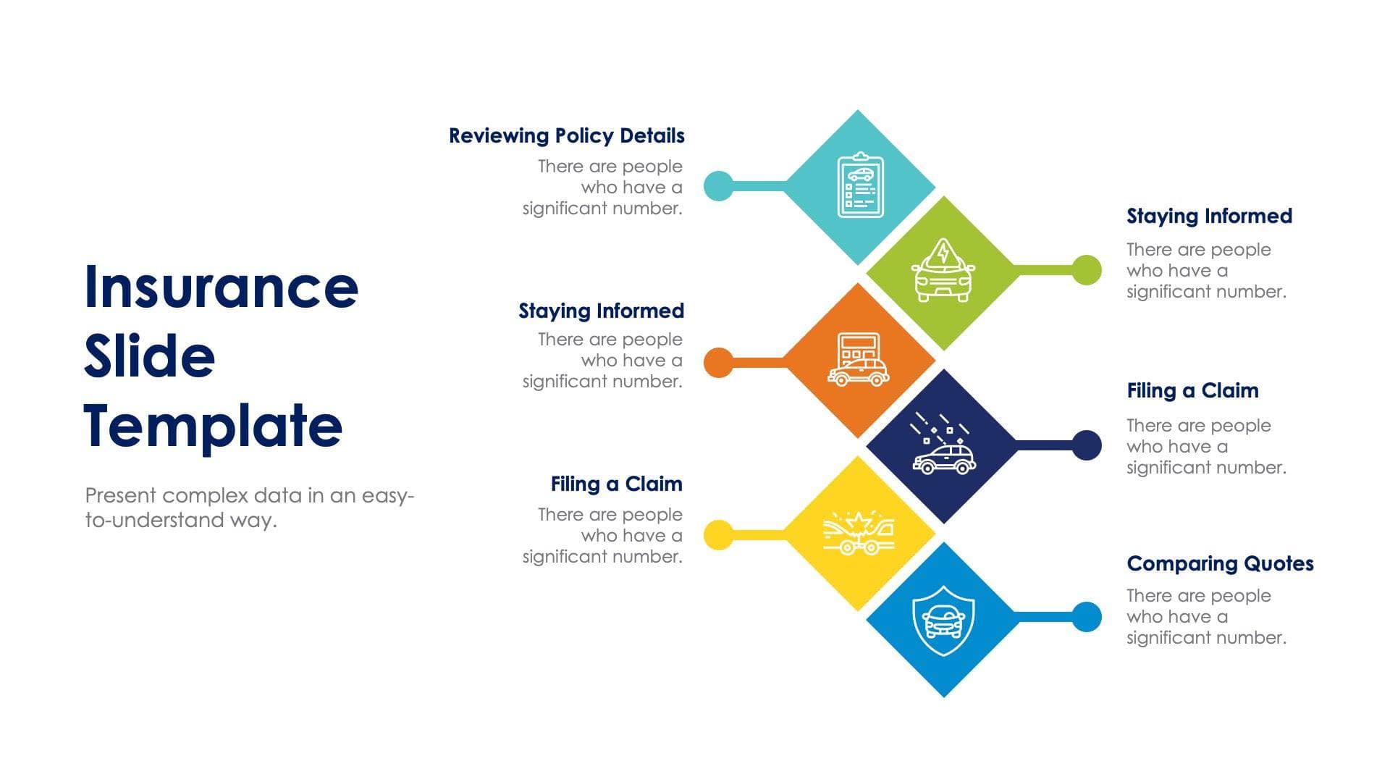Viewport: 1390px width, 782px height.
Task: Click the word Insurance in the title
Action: (221, 287)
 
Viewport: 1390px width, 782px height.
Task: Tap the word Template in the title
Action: (213, 426)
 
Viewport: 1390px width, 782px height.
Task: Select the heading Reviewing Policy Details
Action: (566, 136)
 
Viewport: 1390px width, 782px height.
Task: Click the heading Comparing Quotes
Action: (1220, 563)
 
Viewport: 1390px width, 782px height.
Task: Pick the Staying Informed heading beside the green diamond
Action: (1209, 216)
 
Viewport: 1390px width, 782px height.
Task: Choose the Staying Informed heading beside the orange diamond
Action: (601, 311)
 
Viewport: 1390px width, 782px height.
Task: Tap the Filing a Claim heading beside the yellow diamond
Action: (616, 484)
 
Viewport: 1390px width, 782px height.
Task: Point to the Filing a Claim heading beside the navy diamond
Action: (1192, 391)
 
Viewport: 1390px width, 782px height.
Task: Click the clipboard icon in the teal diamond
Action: (860, 185)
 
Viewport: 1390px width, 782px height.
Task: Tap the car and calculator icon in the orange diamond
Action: (859, 359)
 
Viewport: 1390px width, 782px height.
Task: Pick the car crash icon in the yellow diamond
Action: (859, 534)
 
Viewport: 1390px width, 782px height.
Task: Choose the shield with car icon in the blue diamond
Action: (943, 620)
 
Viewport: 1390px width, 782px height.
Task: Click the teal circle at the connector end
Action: (719, 186)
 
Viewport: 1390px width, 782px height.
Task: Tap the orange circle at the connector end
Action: (719, 362)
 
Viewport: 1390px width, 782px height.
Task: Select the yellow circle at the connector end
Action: (719, 535)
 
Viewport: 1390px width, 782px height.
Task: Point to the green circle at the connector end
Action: (1086, 270)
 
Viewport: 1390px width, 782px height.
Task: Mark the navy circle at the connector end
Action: (1086, 445)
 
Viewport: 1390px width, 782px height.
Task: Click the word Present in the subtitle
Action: (121, 496)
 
